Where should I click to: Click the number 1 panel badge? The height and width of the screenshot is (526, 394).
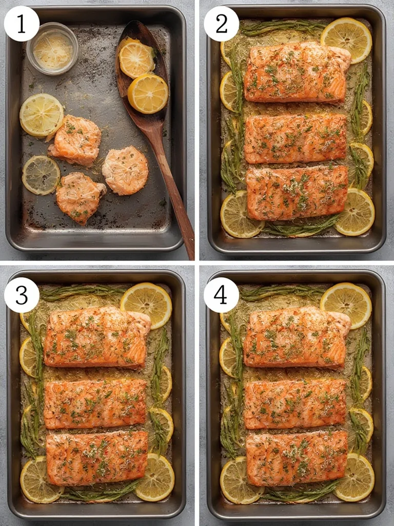pyautogui.click(x=22, y=24)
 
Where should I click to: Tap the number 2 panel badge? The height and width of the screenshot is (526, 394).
pyautogui.click(x=221, y=24)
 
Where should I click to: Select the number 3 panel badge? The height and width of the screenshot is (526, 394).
pyautogui.click(x=22, y=295)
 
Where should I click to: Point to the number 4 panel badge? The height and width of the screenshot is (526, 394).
pyautogui.click(x=221, y=295)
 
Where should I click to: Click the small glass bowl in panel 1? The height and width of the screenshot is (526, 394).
pyautogui.click(x=52, y=48)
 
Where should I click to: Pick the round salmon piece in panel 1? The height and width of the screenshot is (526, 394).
pyautogui.click(x=125, y=171)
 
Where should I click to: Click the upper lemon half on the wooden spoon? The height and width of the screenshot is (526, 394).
pyautogui.click(x=136, y=58)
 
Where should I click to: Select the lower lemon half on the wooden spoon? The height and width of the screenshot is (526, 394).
pyautogui.click(x=148, y=93)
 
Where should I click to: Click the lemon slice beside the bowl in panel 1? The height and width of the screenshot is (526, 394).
pyautogui.click(x=41, y=115)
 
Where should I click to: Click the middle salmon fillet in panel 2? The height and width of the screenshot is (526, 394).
pyautogui.click(x=295, y=139)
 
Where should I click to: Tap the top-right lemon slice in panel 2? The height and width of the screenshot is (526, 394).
pyautogui.click(x=346, y=39)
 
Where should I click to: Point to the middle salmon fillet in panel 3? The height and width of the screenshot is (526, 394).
pyautogui.click(x=95, y=404)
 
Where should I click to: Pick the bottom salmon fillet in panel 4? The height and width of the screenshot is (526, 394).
pyautogui.click(x=297, y=457)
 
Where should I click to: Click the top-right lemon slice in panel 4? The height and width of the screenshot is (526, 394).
pyautogui.click(x=346, y=305)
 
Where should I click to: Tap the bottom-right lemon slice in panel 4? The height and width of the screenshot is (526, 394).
pyautogui.click(x=355, y=477)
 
